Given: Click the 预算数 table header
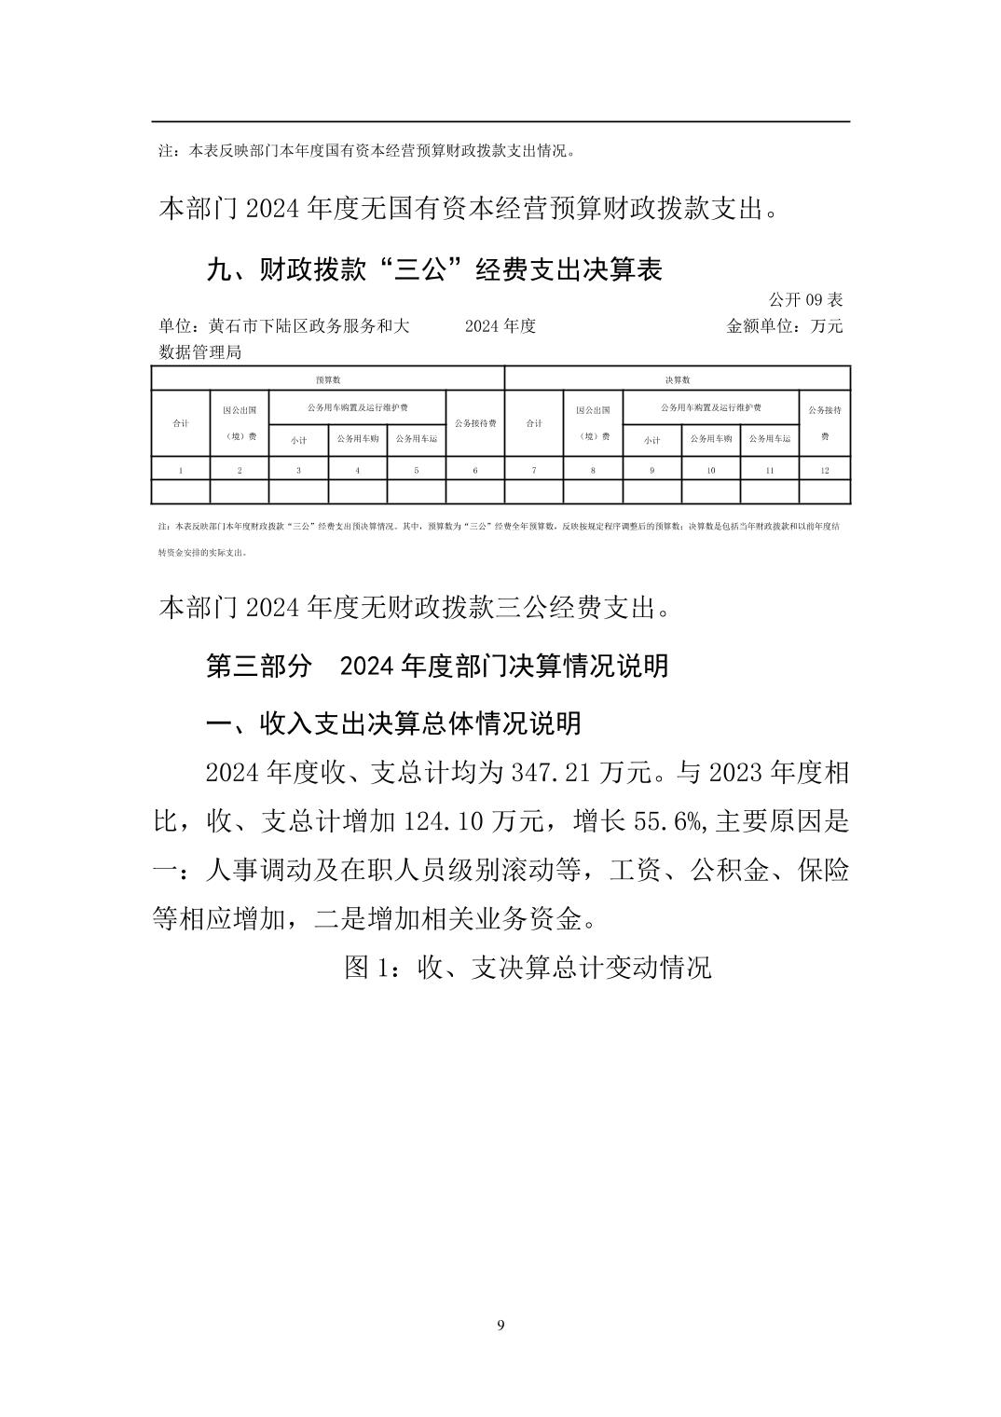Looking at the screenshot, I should tap(327, 379).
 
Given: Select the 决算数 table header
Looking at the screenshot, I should tap(678, 379).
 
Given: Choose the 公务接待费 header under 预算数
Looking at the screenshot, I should tap(475, 423).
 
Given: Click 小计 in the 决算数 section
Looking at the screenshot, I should tap(651, 440).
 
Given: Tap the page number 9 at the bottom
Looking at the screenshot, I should tap(501, 1326).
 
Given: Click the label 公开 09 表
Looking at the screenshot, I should tap(805, 300).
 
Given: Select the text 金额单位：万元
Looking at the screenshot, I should tap(784, 326).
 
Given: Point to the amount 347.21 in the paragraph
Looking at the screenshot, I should tap(552, 773).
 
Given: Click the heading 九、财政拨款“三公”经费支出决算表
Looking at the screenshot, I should tap(434, 270).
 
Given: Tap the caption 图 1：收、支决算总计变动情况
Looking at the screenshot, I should tap(528, 968).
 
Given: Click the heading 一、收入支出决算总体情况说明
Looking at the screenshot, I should tap(393, 723).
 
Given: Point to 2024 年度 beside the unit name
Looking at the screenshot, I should tap(500, 326).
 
